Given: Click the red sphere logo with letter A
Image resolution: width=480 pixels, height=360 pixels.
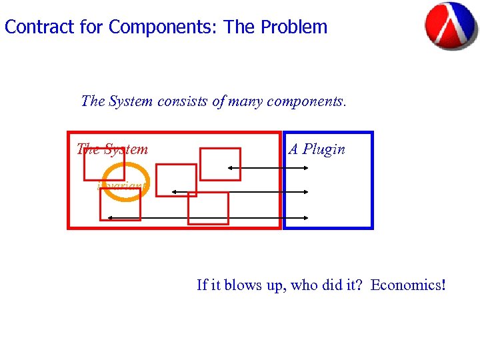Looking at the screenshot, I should (x=451, y=26).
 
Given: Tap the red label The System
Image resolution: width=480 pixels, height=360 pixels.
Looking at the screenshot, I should (x=112, y=149).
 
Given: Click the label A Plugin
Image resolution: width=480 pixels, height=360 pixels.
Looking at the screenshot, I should (x=317, y=149).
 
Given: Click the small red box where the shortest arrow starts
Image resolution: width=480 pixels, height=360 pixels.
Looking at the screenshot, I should (x=220, y=164).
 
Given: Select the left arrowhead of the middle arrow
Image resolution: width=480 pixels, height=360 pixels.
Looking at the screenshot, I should (x=174, y=192).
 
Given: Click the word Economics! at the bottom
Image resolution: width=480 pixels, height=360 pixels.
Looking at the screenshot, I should (x=407, y=285).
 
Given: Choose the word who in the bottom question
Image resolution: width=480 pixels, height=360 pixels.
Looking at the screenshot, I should (x=303, y=285).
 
